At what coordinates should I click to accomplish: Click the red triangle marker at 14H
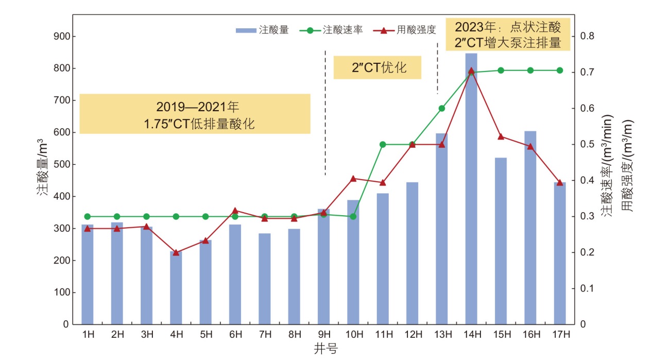click(471, 71)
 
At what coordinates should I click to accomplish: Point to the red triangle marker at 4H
click(176, 252)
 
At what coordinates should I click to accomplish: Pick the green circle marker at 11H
click(383, 144)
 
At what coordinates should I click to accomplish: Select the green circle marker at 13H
click(441, 108)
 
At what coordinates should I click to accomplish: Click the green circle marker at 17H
click(560, 71)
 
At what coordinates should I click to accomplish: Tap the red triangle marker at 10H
click(353, 179)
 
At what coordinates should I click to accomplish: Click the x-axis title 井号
click(325, 350)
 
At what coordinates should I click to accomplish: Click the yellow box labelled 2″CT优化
click(377, 67)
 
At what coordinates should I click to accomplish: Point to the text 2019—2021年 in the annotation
click(198, 108)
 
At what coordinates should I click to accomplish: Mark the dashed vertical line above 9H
click(325, 113)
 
